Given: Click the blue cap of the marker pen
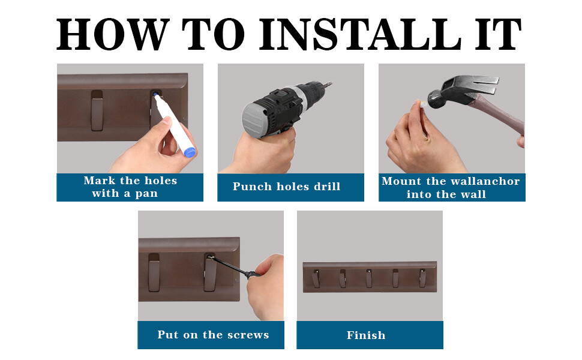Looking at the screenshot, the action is click(190, 152).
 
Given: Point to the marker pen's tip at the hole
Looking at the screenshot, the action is click(155, 95).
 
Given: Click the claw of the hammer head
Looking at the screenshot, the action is click(482, 84).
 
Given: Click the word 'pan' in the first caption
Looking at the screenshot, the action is click(146, 194).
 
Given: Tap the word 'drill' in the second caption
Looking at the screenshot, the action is click(327, 186).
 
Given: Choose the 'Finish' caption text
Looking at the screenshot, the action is click(366, 335).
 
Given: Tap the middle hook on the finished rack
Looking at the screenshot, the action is click(369, 278).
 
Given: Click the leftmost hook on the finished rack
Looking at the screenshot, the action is click(316, 278).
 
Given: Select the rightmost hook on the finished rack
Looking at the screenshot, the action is click(422, 278).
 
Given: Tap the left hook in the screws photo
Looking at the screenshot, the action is click(154, 272).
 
